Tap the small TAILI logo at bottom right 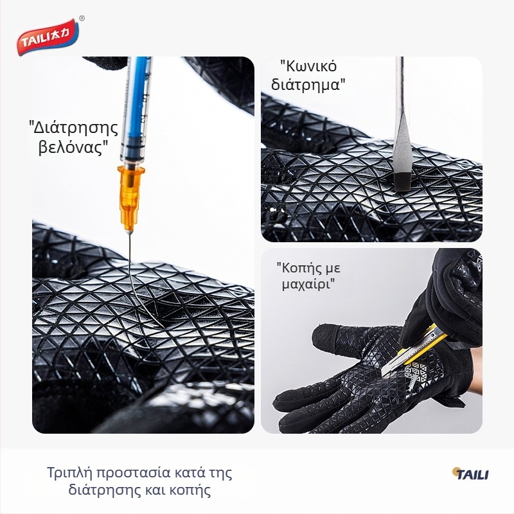tap(470, 474)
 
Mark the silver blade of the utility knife tap(393, 368)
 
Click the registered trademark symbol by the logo tap(82, 19)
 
